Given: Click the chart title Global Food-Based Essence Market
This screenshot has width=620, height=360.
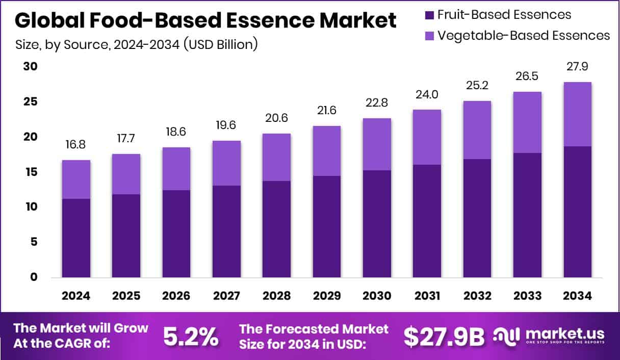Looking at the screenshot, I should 205,20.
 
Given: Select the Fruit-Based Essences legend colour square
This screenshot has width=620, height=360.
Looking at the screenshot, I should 430,14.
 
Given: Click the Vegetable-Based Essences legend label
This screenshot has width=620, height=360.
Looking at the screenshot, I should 524,35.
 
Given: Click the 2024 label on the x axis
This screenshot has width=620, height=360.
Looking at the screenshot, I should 76,296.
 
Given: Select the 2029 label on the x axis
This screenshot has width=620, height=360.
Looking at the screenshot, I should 327,296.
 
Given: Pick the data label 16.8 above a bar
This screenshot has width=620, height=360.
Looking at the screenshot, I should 76,145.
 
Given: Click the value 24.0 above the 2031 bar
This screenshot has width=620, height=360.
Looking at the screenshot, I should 427,94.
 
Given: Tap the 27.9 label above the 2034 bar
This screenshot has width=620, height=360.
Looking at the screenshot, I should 578,67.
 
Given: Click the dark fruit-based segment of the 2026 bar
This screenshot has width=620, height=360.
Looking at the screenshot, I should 176,234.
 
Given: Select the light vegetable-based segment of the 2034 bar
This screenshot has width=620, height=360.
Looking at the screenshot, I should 578,114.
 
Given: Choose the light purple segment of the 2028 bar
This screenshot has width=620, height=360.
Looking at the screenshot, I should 277,157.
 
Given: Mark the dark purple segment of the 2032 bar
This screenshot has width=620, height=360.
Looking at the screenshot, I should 477,218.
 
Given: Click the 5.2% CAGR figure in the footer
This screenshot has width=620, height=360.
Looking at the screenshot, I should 191,336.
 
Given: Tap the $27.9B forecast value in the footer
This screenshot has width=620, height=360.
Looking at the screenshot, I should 444,336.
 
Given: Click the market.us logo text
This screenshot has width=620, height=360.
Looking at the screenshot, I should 564,333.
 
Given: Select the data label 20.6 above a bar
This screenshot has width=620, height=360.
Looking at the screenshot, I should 277,118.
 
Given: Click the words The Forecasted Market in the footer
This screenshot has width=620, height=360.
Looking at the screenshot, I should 314,328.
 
